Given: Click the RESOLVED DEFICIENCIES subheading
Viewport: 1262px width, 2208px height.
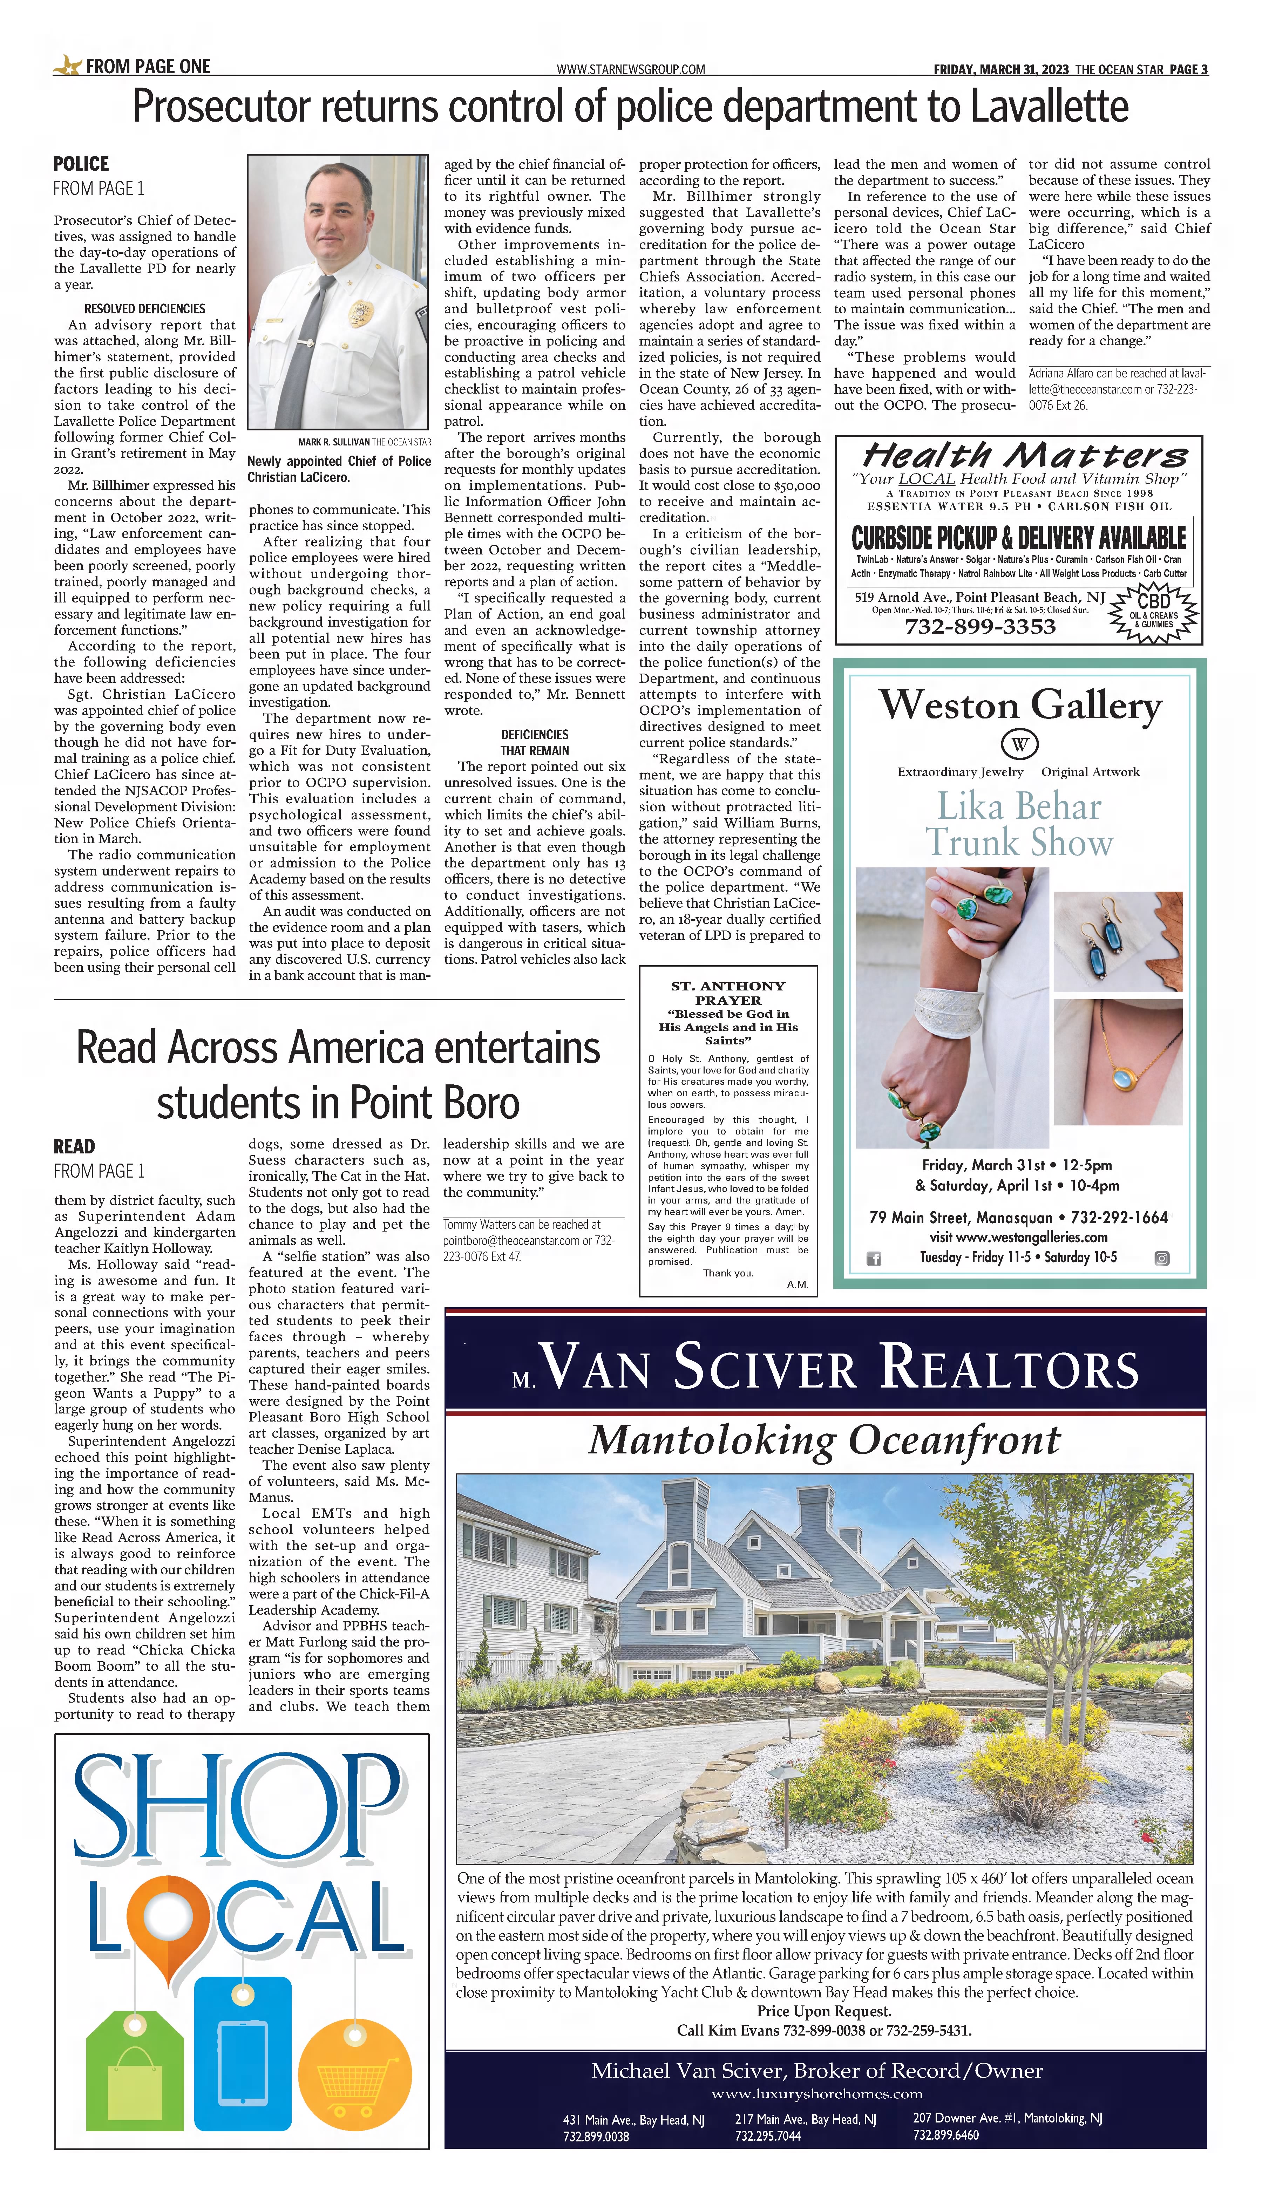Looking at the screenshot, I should pyautogui.click(x=145, y=308).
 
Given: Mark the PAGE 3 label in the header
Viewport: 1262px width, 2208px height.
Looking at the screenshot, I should pyautogui.click(x=1188, y=69).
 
